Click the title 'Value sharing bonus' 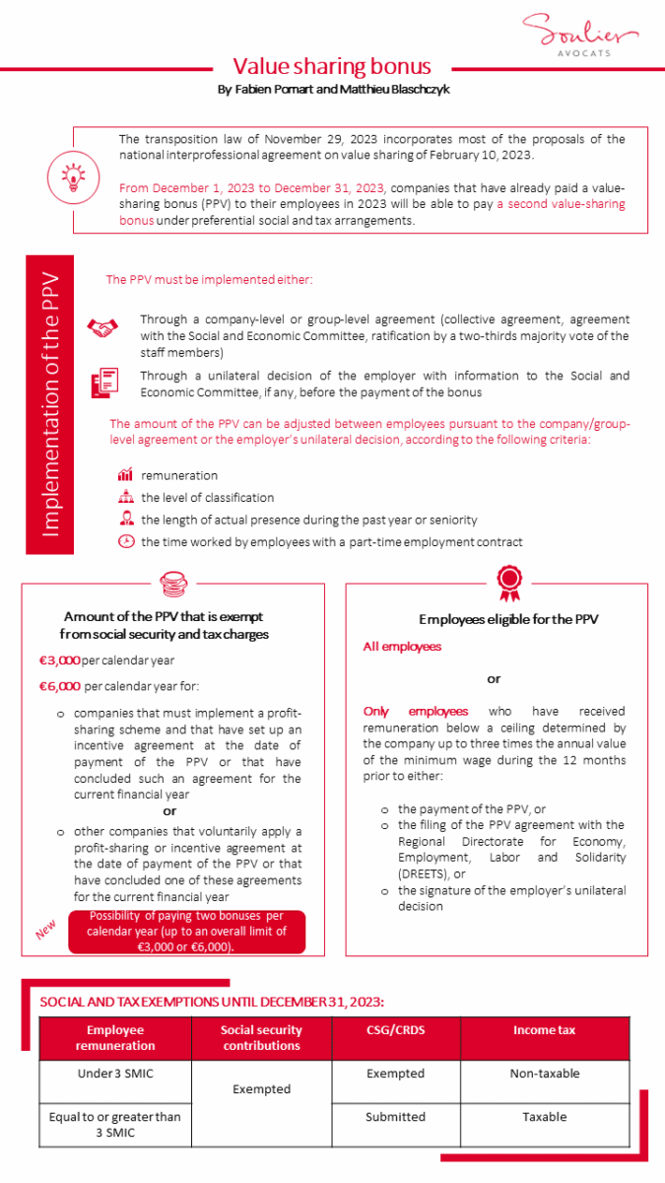coord(332,66)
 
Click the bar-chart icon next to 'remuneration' coord(125,476)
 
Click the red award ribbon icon coord(508,582)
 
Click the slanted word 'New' coord(47,931)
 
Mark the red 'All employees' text coord(402,647)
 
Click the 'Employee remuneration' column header coord(115,1038)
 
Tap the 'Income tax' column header coord(544,1030)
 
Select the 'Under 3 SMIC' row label coord(115,1074)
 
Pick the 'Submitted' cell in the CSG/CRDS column coord(395,1117)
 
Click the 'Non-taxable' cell coord(544,1074)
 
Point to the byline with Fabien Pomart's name coord(332,90)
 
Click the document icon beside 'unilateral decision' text coord(103,383)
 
